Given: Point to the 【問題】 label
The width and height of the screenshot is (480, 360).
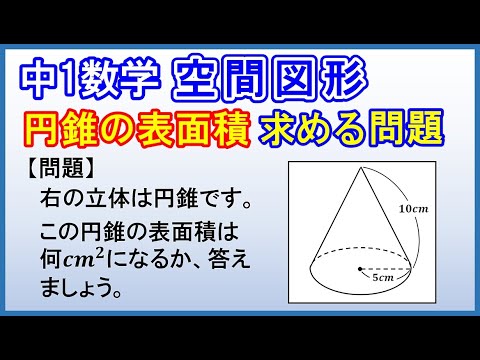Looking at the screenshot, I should click(54, 163).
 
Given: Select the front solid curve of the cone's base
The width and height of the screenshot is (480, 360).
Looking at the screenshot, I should click(360, 289).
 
